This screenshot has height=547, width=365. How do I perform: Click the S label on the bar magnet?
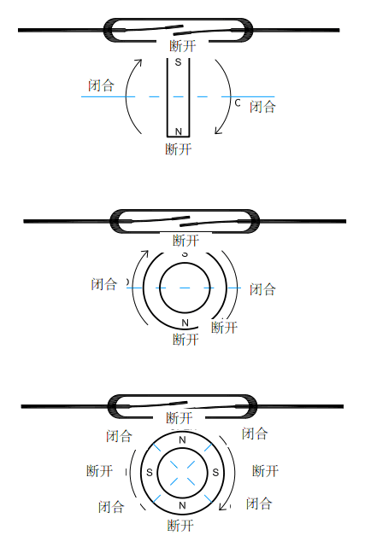[x=178, y=62]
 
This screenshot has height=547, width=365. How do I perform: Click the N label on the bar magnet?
[x=179, y=131]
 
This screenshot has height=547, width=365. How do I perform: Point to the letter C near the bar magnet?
[x=238, y=102]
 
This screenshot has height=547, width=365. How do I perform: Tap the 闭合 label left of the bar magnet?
[x=101, y=85]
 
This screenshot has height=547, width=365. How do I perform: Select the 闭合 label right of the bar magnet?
[x=262, y=107]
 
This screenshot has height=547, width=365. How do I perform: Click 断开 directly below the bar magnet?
[x=179, y=149]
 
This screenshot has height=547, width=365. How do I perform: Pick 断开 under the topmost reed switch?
[x=183, y=46]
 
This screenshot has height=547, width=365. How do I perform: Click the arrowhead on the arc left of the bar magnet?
[x=138, y=62]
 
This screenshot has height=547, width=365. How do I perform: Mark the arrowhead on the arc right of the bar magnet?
[x=218, y=131]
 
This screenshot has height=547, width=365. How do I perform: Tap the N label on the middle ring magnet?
[x=185, y=323]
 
